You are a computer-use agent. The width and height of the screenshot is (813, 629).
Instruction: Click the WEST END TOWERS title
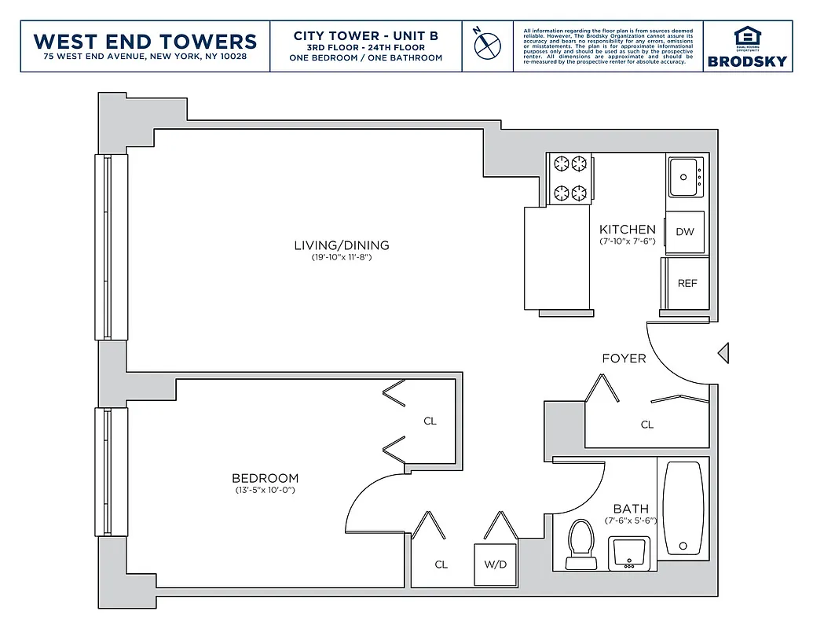coord(145,41)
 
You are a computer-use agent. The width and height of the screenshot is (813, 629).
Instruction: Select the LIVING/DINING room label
coord(341,245)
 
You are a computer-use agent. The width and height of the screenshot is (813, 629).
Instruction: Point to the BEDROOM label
coord(265,478)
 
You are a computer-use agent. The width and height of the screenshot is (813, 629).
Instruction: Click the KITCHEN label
coord(627,230)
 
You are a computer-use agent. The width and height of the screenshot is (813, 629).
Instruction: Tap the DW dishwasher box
coord(684,232)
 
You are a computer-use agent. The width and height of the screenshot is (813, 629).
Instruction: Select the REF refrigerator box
coord(687,284)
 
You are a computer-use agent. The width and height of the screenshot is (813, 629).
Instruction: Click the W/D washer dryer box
coord(495,565)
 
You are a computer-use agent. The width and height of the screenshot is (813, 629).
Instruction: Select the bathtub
coord(683,507)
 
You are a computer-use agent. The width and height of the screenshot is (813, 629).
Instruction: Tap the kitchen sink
coord(686,178)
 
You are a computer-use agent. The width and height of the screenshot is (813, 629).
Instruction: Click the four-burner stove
coord(571,178)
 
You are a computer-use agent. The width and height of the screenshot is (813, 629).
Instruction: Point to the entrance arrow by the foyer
coord(723,354)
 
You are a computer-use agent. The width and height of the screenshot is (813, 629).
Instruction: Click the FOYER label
coord(624,359)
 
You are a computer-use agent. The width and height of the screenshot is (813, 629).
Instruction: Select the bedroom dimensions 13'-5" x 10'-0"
coord(265,491)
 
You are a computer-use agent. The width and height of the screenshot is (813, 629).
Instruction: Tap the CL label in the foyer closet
coord(646,425)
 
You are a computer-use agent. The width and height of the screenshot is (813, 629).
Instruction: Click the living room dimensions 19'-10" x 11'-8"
coord(341,258)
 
